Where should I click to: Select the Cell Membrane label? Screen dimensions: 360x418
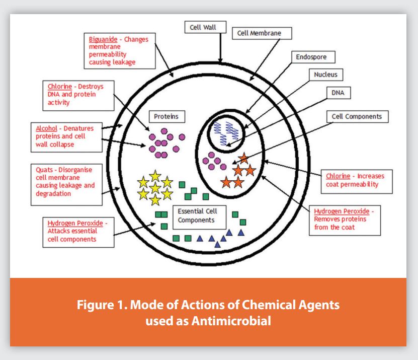[x=263, y=34]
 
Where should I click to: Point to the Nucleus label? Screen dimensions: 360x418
[x=325, y=75]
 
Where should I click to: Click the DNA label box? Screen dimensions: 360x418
[x=335, y=93]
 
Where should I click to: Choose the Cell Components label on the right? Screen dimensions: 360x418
[x=357, y=116]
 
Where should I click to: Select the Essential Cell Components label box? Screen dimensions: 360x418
[x=196, y=216]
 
